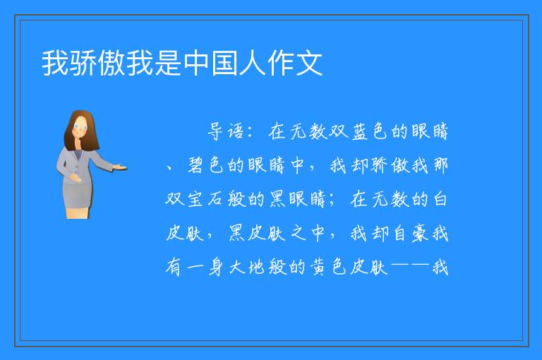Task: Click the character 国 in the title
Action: click(224, 63)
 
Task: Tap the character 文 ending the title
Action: click(309, 63)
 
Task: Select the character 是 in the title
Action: click(169, 63)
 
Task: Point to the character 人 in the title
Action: click(253, 63)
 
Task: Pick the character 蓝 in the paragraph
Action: click(360, 131)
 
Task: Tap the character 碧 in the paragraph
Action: click(197, 165)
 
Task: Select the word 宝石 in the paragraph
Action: click(205, 199)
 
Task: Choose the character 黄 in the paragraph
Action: click(319, 268)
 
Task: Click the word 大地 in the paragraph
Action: click(247, 268)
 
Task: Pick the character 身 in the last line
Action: click(216, 268)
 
